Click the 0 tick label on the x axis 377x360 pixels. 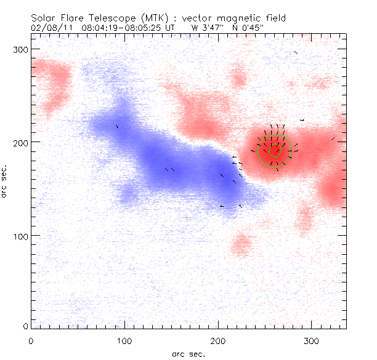pos(31,340)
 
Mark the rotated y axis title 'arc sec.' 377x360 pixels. pos(6,182)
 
